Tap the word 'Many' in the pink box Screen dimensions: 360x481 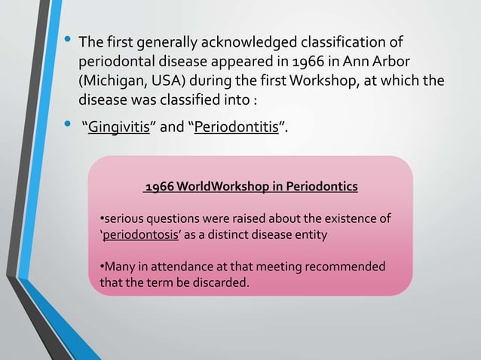coord(119,267)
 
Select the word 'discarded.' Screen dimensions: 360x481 coord(222,282)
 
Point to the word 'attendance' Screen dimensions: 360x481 coord(179,267)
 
